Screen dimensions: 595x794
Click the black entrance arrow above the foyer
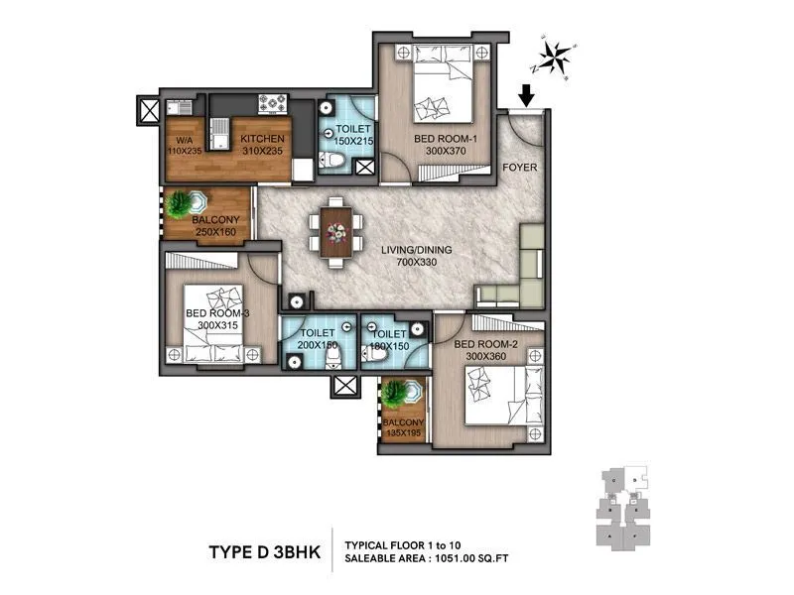pyautogui.click(x=526, y=94)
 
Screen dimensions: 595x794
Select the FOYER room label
pyautogui.click(x=519, y=168)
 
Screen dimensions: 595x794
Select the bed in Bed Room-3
pyautogui.click(x=216, y=322)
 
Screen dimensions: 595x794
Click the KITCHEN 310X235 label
pyautogui.click(x=263, y=145)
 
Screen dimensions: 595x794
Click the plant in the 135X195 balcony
pyautogui.click(x=403, y=393)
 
